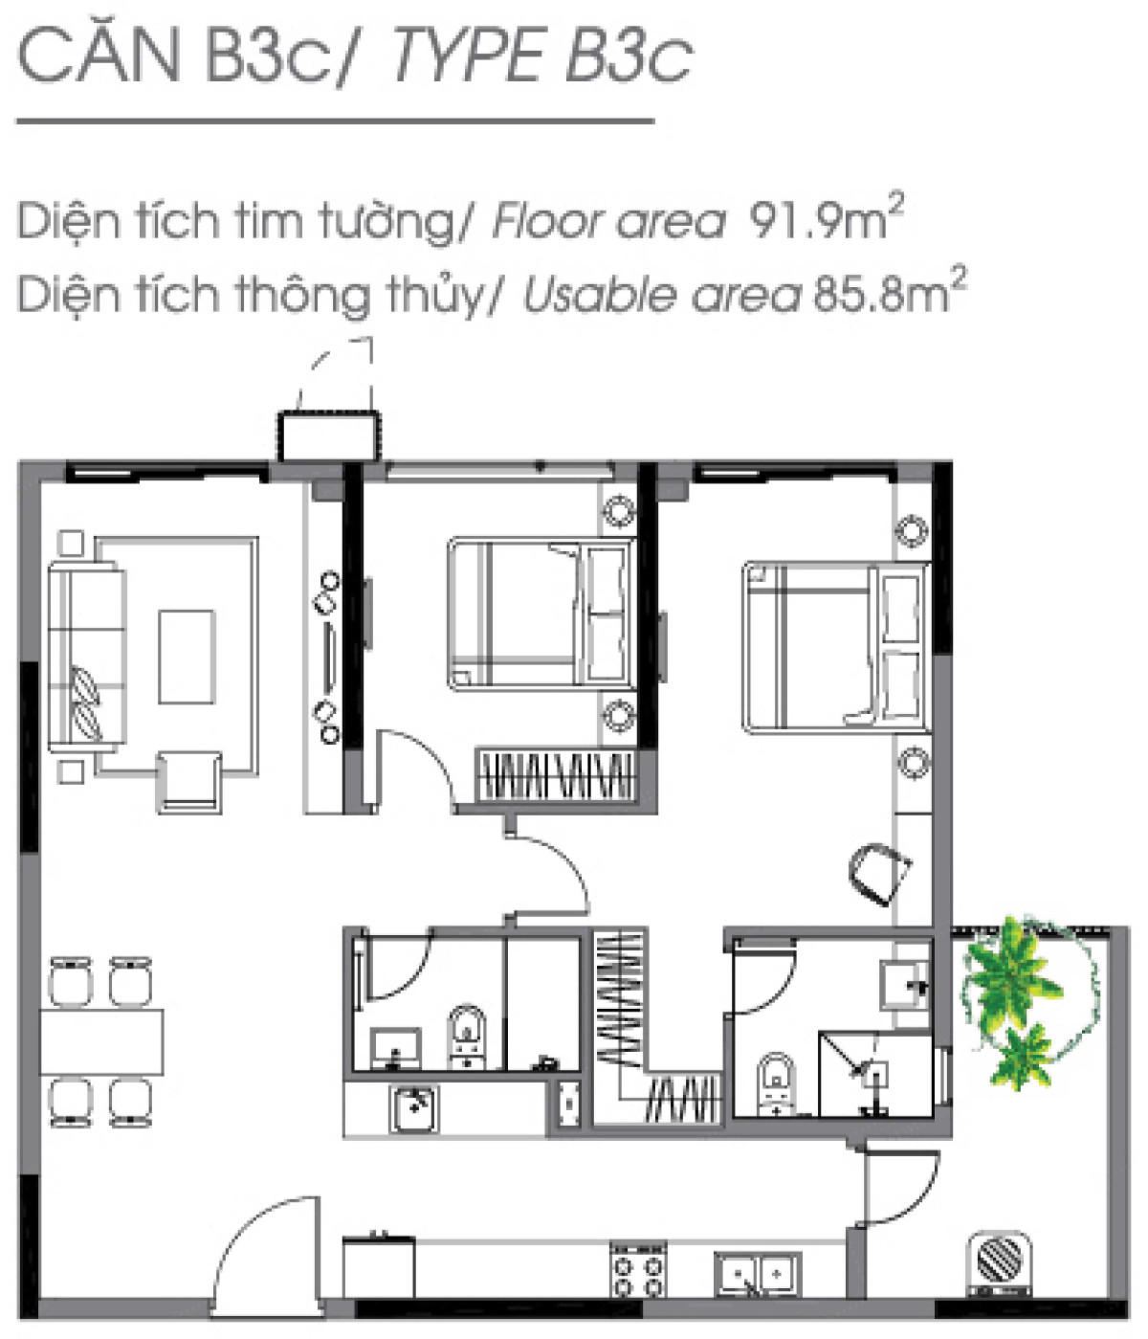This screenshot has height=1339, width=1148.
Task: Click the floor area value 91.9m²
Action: point(825,220)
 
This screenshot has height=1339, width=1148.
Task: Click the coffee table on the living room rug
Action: point(187,657)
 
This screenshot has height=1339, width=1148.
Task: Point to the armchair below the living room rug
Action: point(189,780)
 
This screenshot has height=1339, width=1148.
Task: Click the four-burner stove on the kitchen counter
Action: point(638,1269)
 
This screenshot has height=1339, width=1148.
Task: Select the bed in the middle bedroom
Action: point(541,613)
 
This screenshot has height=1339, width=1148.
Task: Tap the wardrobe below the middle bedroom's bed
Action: point(555,775)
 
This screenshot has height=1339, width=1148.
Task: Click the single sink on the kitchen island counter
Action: point(414,1108)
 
